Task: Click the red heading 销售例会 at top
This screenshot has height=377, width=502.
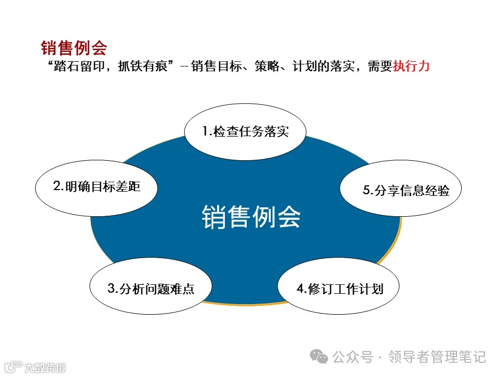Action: tap(74, 49)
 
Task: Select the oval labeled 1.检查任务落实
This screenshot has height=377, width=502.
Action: tap(245, 131)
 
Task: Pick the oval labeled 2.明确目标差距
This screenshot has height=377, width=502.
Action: tap(96, 187)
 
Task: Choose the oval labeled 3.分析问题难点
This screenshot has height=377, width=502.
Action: tap(151, 288)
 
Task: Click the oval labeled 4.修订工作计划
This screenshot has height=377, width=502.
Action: tap(338, 289)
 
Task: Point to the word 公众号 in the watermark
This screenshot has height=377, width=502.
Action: tap(353, 357)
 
